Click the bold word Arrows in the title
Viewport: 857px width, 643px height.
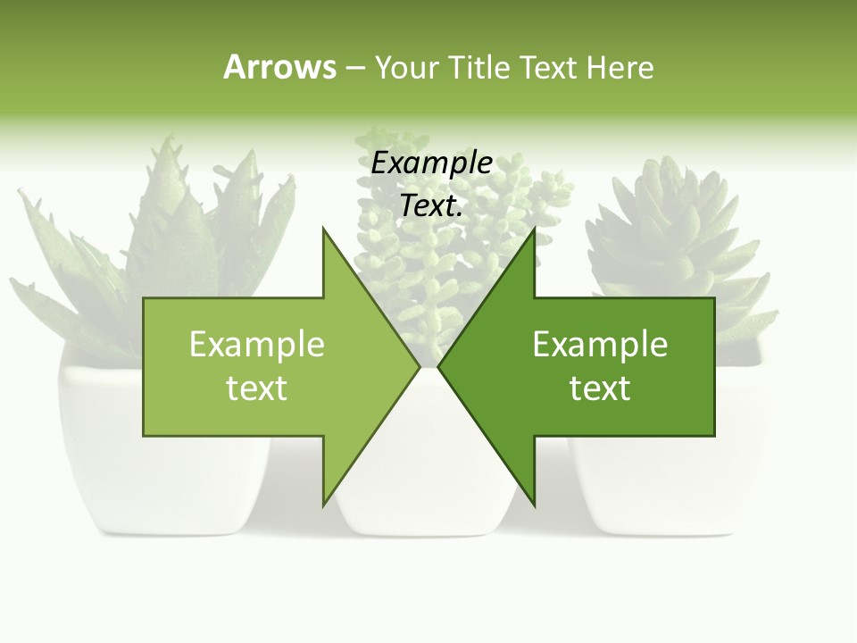point(279,67)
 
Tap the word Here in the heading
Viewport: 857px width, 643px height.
point(620,67)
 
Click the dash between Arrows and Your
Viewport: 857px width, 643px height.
point(354,68)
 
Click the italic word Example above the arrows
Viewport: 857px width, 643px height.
point(431,163)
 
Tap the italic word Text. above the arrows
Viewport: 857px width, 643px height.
point(431,205)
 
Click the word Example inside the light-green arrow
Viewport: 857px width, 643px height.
point(256,344)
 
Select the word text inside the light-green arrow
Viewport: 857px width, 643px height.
point(256,388)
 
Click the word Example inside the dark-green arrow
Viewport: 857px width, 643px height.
point(600,344)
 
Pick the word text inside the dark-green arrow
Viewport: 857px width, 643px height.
point(600,388)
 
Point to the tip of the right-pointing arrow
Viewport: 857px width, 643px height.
point(419,366)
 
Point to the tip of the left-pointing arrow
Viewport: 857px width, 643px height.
point(439,366)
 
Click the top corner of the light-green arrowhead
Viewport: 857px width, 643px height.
point(324,230)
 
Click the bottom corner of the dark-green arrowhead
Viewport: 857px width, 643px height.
point(534,505)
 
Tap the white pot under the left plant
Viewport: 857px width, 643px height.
point(98,464)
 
